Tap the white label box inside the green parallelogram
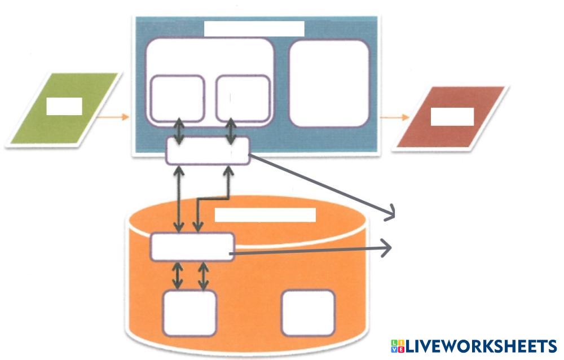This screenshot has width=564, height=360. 64,106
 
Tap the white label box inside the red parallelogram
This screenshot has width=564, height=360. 452,116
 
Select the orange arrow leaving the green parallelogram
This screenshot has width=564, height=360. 113,117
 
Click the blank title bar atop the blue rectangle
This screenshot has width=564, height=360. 254,29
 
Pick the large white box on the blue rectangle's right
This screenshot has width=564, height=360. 329,83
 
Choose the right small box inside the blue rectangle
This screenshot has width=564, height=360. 243,98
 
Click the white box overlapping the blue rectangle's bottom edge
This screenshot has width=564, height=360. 208,151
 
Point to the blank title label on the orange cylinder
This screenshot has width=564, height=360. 265,215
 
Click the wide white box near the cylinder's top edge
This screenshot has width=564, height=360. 192,247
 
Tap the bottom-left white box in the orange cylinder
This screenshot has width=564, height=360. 190,313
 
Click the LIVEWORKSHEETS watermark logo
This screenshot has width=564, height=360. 474,346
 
